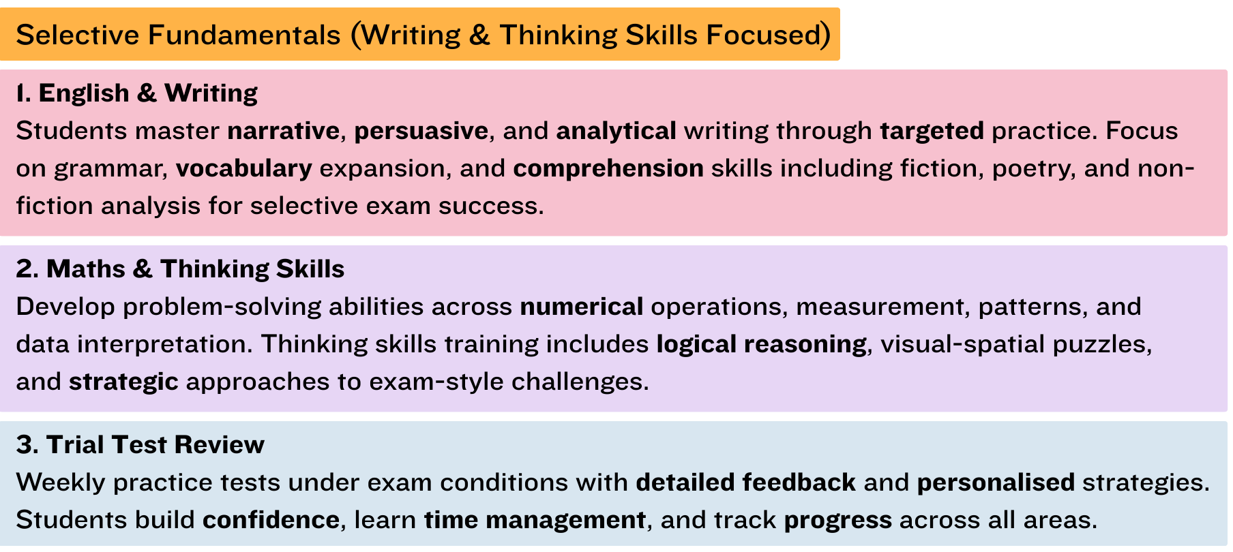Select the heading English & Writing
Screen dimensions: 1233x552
click(x=148, y=93)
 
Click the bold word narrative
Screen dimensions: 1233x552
click(x=284, y=130)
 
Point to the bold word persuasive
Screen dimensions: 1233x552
click(x=421, y=130)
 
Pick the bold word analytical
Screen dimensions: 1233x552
click(x=616, y=130)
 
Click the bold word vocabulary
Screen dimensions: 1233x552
click(x=244, y=168)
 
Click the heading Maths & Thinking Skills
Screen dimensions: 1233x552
click(x=195, y=269)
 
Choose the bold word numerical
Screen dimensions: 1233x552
click(x=582, y=306)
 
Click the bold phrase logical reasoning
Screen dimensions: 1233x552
click(x=762, y=344)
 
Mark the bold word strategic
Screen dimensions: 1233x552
click(x=123, y=382)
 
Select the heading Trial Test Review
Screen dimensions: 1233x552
click(x=155, y=444)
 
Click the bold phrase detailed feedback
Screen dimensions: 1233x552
click(x=745, y=482)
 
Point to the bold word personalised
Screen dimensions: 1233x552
click(x=996, y=482)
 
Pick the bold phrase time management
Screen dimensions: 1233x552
click(x=535, y=520)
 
